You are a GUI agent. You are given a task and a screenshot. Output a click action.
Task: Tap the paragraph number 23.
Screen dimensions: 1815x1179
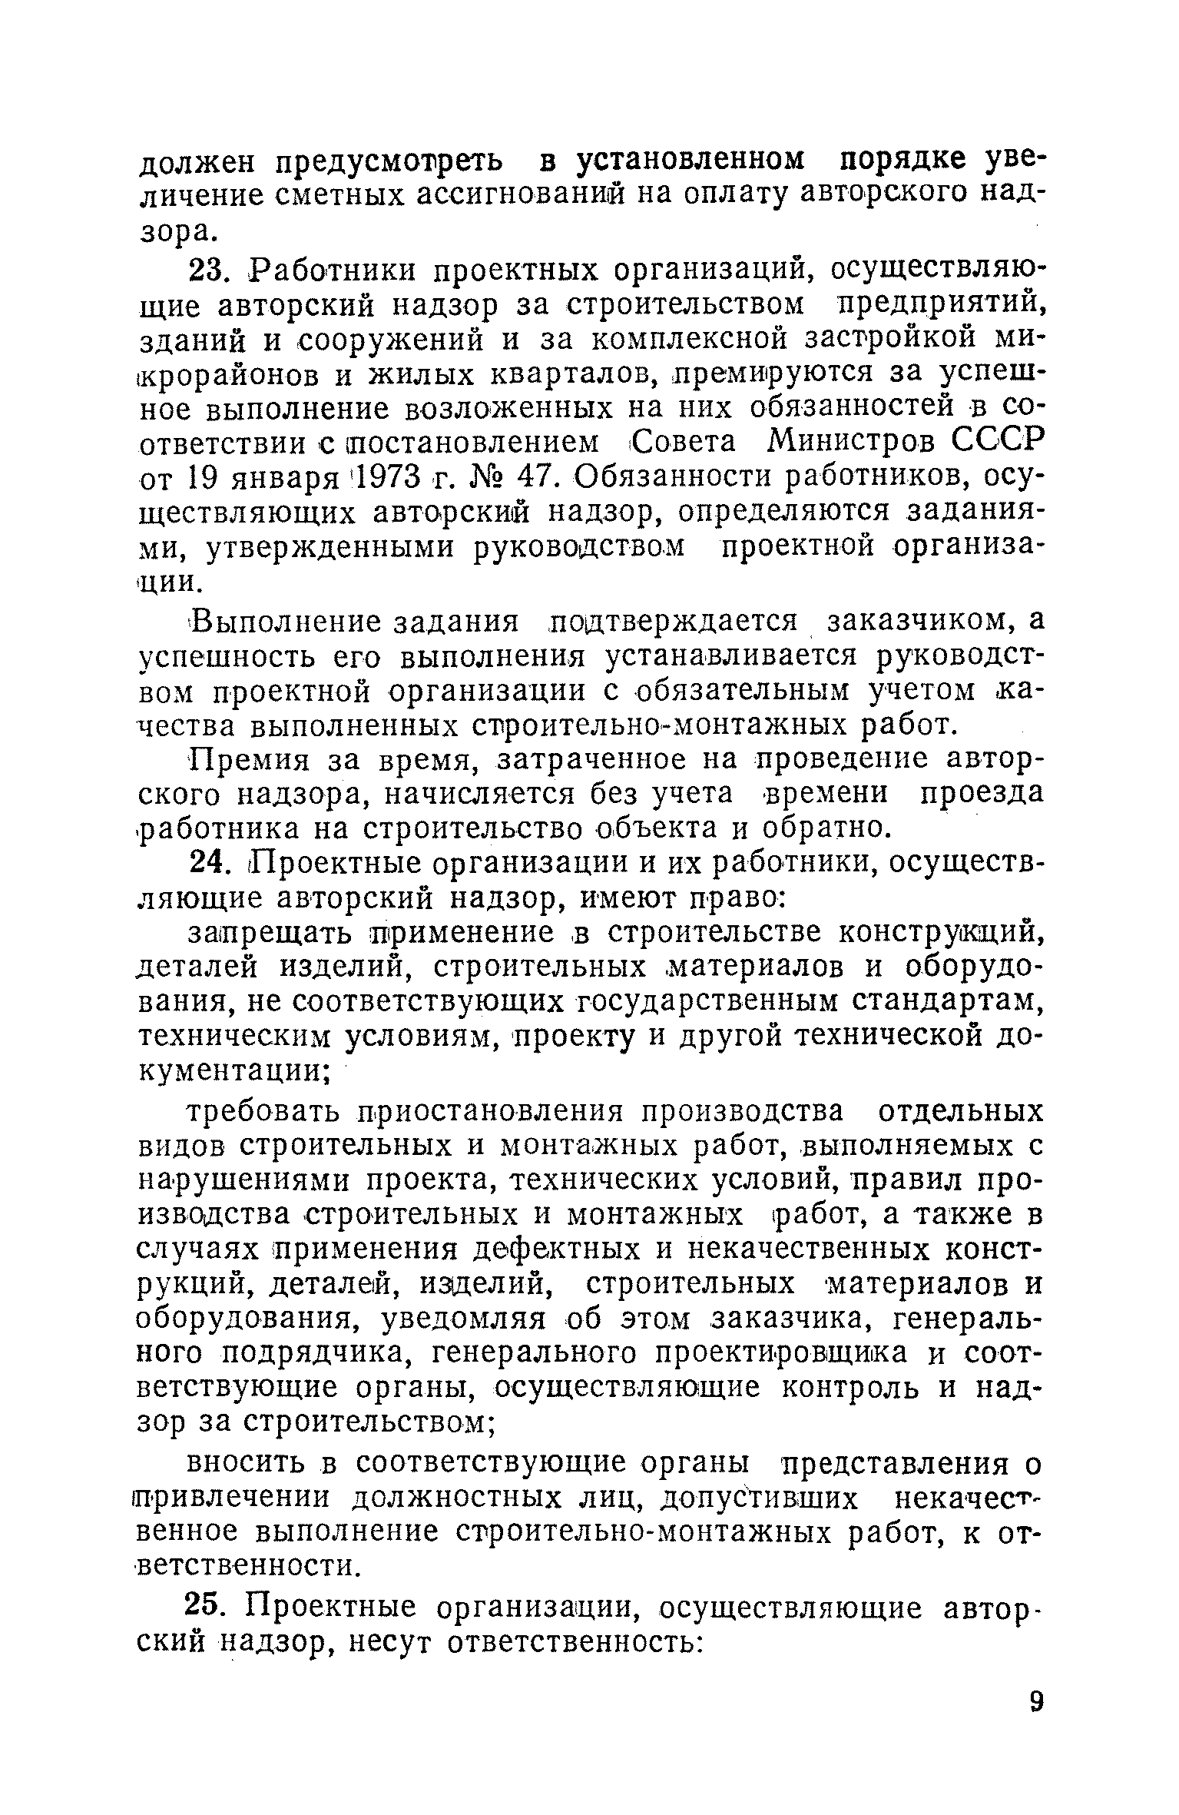point(207,270)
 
